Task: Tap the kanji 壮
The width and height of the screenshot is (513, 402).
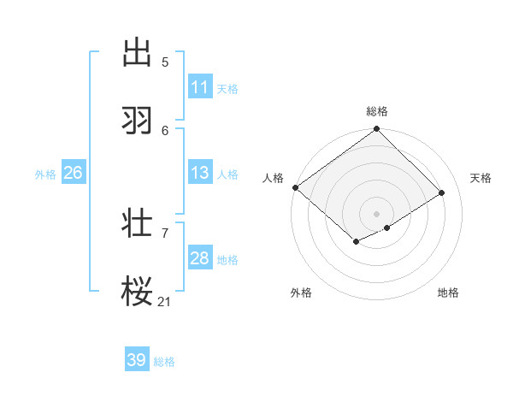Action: pyautogui.click(x=138, y=223)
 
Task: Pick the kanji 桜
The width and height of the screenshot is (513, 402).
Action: pyautogui.click(x=138, y=292)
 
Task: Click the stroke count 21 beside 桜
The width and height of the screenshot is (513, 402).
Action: pyautogui.click(x=165, y=301)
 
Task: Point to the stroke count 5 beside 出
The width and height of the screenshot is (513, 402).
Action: pyautogui.click(x=165, y=62)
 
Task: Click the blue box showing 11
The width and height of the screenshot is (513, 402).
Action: pyautogui.click(x=200, y=87)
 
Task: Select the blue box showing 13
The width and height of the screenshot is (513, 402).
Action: pyautogui.click(x=200, y=173)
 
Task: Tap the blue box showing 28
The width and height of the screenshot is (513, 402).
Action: pyautogui.click(x=200, y=258)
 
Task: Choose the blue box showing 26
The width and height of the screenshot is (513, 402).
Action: pyautogui.click(x=73, y=173)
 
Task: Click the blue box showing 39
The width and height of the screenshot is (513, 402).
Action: pyautogui.click(x=137, y=360)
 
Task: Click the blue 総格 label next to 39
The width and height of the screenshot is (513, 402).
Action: pyautogui.click(x=164, y=362)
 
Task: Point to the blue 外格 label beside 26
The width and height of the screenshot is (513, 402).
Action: pyautogui.click(x=45, y=174)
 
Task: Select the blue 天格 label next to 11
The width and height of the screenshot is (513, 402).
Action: pyautogui.click(x=227, y=89)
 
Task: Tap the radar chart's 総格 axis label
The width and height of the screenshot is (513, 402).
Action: pyautogui.click(x=377, y=111)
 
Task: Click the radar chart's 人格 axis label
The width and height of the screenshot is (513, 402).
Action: pyautogui.click(x=273, y=178)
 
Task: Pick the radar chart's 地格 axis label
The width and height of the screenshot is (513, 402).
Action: pyautogui.click(x=448, y=293)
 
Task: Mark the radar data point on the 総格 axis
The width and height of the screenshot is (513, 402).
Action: pyautogui.click(x=377, y=129)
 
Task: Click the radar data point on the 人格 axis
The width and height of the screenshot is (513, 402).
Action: pyautogui.click(x=295, y=187)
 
